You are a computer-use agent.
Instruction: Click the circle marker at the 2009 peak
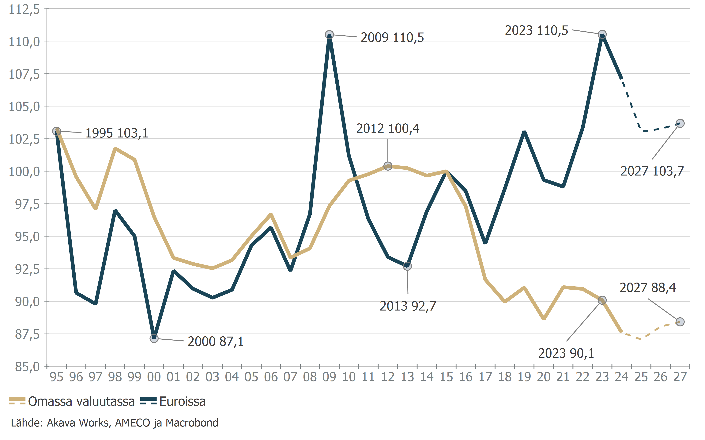(x=329, y=35)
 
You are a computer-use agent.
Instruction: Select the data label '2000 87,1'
(x=215, y=341)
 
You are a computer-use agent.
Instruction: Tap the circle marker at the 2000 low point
(x=154, y=338)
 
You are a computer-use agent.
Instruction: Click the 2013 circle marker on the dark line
(x=407, y=266)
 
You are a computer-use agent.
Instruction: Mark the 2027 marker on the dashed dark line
(x=680, y=123)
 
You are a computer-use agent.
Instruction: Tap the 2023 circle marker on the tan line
(x=602, y=300)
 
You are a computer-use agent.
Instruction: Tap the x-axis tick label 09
(x=329, y=377)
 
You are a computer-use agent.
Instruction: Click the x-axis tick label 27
(x=680, y=377)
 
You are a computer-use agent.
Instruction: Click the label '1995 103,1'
(x=117, y=133)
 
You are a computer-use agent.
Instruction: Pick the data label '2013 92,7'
(x=408, y=306)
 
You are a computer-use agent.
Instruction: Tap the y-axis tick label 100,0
(x=25, y=172)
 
